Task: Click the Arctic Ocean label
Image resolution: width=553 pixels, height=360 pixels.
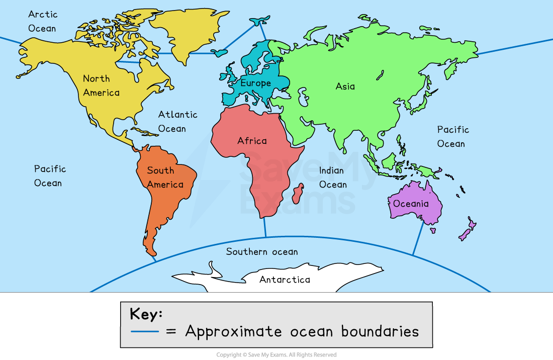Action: coord(43,21)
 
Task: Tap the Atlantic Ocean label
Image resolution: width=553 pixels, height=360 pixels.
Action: coord(177,122)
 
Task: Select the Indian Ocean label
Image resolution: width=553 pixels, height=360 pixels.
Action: coord(333,177)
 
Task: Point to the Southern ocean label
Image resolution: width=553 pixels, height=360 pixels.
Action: coord(261,251)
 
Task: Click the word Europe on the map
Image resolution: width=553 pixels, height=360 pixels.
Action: coord(255,83)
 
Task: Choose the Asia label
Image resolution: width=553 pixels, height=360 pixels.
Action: coord(345,86)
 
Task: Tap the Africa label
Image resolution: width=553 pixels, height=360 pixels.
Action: coord(252,141)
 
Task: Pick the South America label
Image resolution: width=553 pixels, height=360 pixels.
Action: coord(165,177)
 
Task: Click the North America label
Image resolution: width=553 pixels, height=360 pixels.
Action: coord(101,85)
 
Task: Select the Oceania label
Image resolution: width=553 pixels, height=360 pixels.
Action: coord(411,204)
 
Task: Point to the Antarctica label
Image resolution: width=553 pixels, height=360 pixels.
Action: coord(285,280)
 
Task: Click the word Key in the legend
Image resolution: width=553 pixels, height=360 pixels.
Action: coord(146,314)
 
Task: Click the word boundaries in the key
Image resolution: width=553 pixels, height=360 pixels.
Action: coord(380,332)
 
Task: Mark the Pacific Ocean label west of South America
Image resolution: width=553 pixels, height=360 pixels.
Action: coord(50,176)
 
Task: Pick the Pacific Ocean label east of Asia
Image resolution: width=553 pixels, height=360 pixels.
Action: coord(452,137)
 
